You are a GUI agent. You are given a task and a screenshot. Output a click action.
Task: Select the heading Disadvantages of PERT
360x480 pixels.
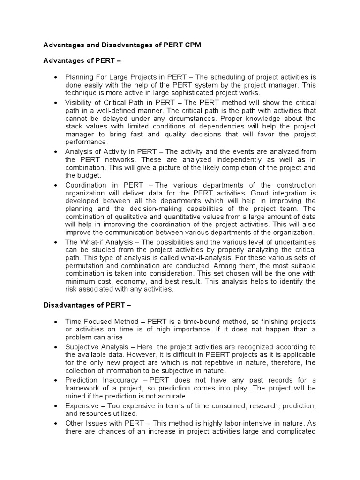click(x=87, y=305)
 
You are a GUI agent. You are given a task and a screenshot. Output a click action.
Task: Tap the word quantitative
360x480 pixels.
click(x=192, y=217)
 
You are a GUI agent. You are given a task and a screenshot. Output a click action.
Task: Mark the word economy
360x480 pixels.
click(x=133, y=281)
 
